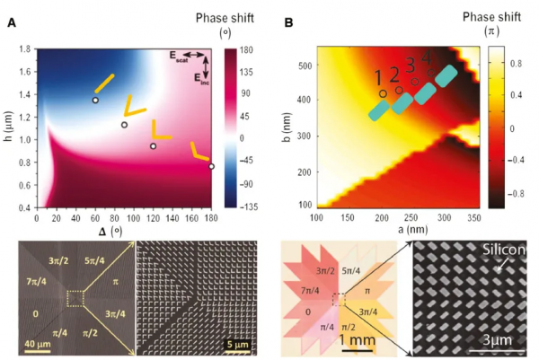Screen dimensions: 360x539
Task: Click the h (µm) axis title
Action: (8, 127)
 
